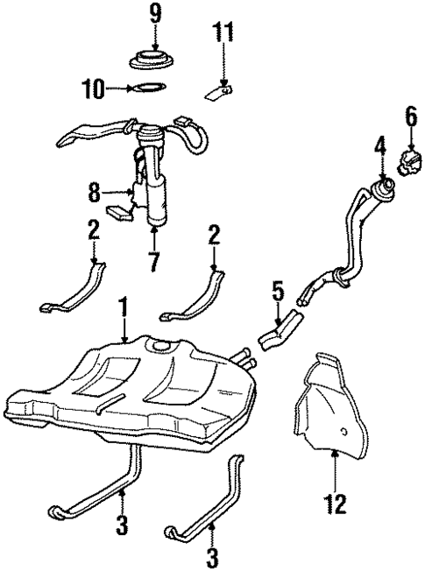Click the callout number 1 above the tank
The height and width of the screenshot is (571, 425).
pos(124,308)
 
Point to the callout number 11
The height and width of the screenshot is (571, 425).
pos(223,32)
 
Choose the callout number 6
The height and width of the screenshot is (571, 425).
pos(409,115)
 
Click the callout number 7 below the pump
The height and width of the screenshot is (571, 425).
pos(153,261)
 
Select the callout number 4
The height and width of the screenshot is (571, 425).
pos(379,143)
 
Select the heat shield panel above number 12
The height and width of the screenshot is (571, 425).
pos(336,405)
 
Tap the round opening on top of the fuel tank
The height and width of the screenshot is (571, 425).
pos(160,351)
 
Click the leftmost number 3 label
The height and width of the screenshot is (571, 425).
pos(122,526)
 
